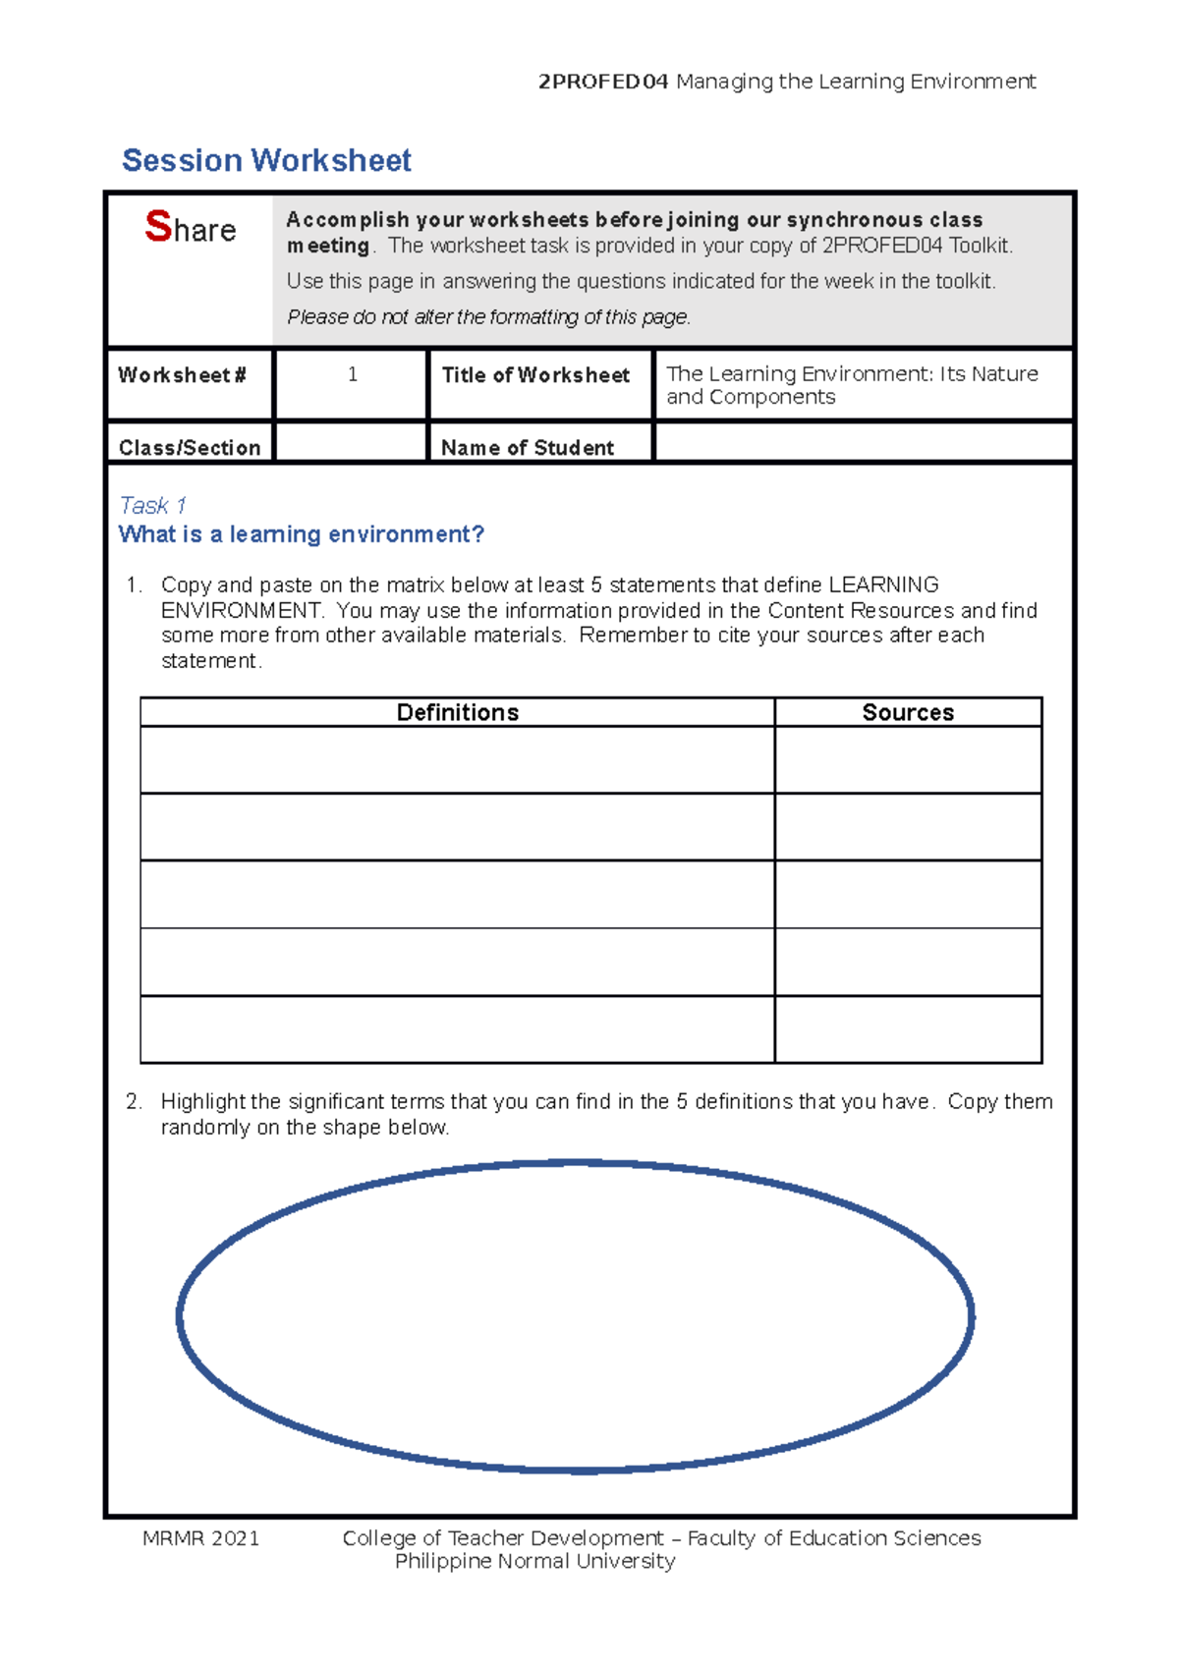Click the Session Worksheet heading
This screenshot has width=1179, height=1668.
(266, 160)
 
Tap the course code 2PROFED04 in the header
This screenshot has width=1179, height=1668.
(602, 82)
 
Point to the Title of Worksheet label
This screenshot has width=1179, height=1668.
(535, 375)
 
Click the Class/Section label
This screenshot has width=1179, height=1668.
(190, 448)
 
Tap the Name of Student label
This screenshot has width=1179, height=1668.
(527, 448)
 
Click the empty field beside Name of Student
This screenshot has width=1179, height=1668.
(863, 444)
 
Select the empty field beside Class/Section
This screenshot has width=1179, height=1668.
(352, 444)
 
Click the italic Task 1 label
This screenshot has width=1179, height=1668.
(152, 506)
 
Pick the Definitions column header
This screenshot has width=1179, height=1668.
(457, 712)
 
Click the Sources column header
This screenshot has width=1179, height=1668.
(907, 712)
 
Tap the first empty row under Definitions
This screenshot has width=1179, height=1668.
(457, 760)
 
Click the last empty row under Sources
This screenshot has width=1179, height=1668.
(907, 1029)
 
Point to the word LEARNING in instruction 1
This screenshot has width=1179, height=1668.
(883, 585)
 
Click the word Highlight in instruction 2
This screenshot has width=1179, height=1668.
(203, 1102)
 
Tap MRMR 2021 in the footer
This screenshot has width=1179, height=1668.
(200, 1538)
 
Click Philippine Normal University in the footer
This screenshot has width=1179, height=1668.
(534, 1562)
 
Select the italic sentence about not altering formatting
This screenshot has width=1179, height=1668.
(488, 317)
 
